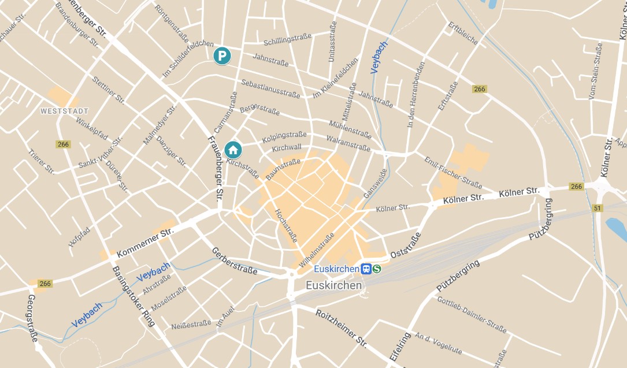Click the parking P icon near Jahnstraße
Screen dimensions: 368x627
[x=222, y=56]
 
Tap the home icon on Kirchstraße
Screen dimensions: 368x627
[x=233, y=150]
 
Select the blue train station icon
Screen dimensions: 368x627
[x=366, y=269]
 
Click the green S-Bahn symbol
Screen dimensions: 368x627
[x=377, y=269]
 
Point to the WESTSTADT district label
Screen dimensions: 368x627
[x=64, y=110]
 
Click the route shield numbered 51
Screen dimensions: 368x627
[x=598, y=208]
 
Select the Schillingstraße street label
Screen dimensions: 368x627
[x=287, y=39]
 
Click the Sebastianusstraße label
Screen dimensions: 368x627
[x=270, y=88]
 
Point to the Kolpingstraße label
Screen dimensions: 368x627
[x=284, y=138]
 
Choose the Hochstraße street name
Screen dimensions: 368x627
[x=286, y=225]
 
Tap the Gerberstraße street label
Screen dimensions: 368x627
[x=235, y=261]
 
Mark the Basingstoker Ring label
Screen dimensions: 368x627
[x=133, y=296]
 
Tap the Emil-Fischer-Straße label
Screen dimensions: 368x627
[x=453, y=172]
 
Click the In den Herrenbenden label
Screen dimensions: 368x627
[x=416, y=95]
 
